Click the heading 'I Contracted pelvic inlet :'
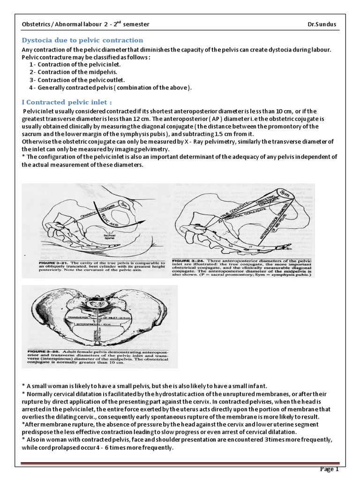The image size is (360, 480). [x=67, y=102]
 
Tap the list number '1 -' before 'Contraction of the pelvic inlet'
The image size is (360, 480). [x=32, y=64]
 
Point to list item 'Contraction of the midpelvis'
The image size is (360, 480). [x=75, y=72]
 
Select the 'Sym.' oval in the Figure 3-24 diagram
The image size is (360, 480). [x=283, y=194]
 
